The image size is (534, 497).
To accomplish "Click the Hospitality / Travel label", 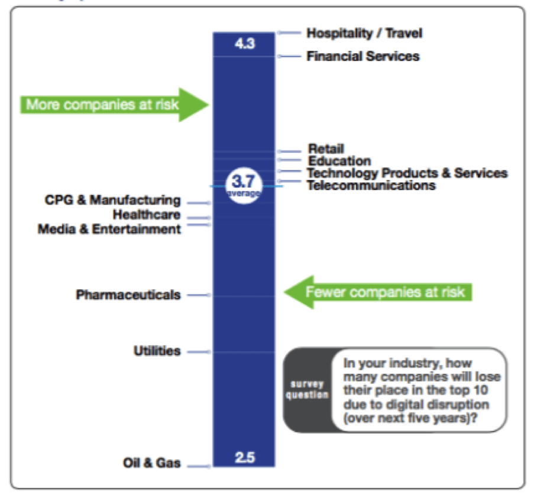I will (364, 33).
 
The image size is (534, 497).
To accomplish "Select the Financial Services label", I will (363, 57).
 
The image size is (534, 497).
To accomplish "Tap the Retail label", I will (326, 149).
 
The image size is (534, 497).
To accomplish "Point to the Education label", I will (339, 160).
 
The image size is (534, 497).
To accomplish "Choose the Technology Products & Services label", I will (407, 173).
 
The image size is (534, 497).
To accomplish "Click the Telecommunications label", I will (371, 185).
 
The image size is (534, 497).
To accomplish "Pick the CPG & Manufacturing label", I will (112, 200).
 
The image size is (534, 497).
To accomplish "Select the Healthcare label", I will (147, 214).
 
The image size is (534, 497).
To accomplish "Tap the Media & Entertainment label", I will (109, 228).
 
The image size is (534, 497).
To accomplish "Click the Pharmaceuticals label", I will (128, 295).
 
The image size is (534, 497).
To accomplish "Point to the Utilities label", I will (157, 351).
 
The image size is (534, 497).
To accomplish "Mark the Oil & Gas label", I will (151, 463).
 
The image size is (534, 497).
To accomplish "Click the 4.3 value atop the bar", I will (244, 43).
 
